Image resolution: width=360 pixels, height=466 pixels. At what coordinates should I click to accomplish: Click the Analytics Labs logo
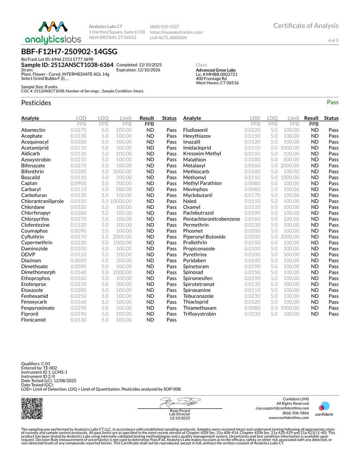pyautogui.click(x=53, y=32)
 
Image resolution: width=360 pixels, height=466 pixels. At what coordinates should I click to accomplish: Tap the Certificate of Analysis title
pyautogui.click(x=306, y=26)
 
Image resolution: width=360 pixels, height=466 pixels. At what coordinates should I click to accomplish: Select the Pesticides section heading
pyautogui.click(x=36, y=103)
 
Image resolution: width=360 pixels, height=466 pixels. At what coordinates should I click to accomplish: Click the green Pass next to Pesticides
pyautogui.click(x=332, y=102)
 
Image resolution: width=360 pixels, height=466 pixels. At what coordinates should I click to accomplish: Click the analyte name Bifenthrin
pyautogui.click(x=32, y=172)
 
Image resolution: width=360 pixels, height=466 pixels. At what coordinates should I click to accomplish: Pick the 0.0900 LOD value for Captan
pyautogui.click(x=78, y=183)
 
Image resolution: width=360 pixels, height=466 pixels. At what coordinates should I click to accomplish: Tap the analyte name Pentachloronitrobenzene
pyautogui.click(x=211, y=219)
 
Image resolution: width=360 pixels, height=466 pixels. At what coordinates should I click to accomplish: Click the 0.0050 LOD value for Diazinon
pyautogui.click(x=78, y=261)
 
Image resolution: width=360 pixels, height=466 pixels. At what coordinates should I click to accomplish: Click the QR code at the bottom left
pyautogui.click(x=32, y=408)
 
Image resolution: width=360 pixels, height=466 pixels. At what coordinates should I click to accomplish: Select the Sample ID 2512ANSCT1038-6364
pyautogui.click(x=67, y=65)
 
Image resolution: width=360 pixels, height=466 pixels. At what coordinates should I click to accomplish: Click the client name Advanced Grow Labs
pyautogui.click(x=216, y=70)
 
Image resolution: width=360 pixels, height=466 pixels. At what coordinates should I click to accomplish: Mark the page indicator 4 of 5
pyautogui.click(x=333, y=40)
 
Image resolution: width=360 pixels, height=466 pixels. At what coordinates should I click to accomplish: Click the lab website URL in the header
pyautogui.click(x=176, y=32)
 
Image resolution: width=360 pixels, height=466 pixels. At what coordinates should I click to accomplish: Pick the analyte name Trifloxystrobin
pyautogui.click(x=199, y=314)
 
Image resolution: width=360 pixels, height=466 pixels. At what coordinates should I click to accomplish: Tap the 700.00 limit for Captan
pyautogui.click(x=124, y=183)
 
